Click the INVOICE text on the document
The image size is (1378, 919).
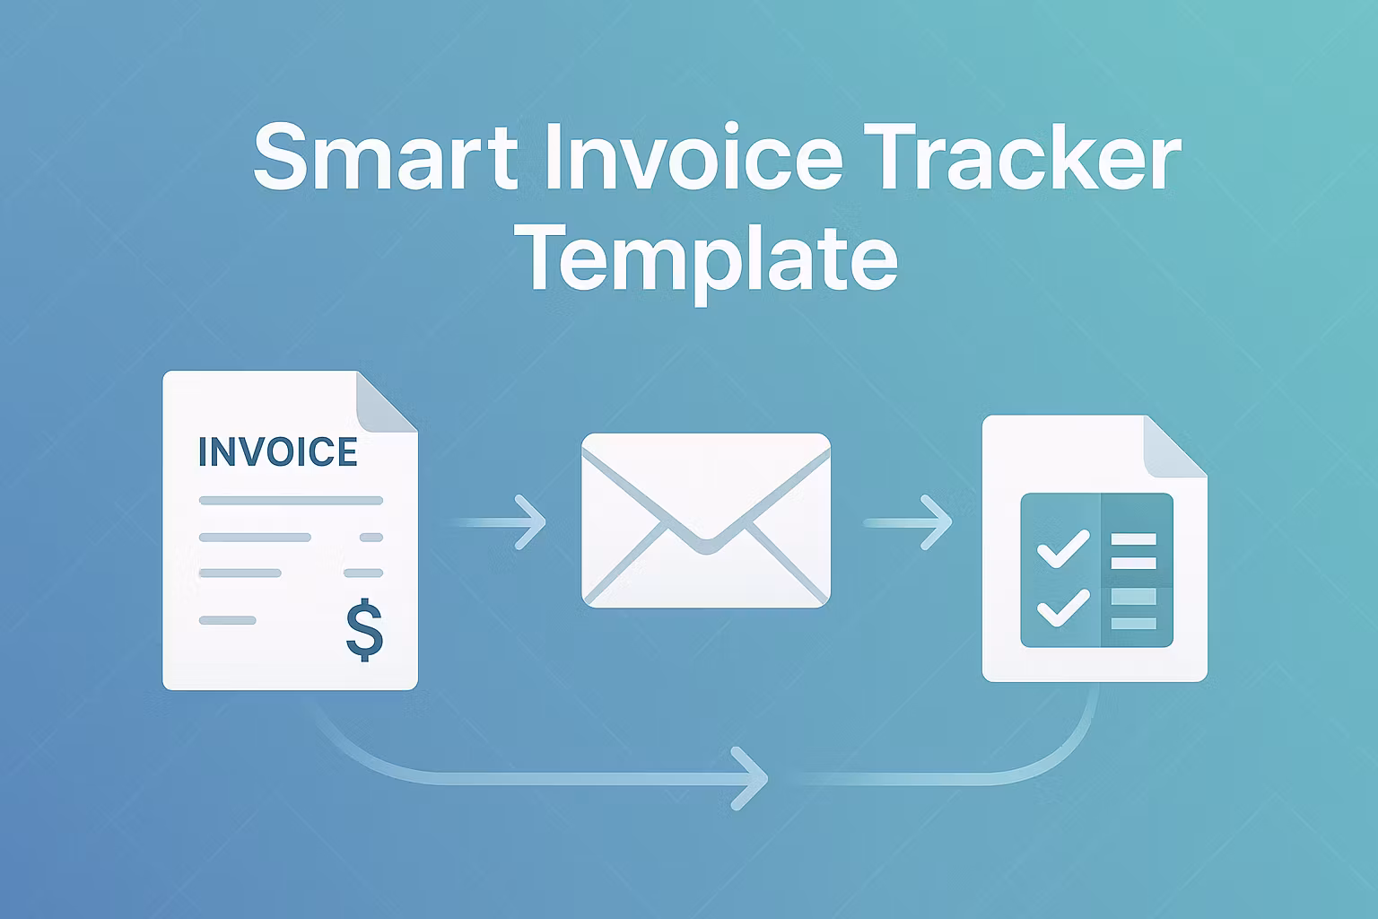click(x=277, y=452)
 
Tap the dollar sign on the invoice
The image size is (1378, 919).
click(x=364, y=631)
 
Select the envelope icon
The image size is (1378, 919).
click(x=706, y=521)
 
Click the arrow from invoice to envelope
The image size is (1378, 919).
click(x=499, y=521)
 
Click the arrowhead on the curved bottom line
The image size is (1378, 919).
click(x=752, y=777)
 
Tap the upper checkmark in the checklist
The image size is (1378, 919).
click(x=1062, y=547)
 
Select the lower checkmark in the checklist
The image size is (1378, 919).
click(x=1062, y=607)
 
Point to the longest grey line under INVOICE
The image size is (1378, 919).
click(x=291, y=501)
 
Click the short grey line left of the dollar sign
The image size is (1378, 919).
click(x=228, y=620)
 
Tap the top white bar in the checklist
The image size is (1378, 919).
click(x=1134, y=539)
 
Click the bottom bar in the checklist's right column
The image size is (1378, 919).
click(x=1134, y=623)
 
